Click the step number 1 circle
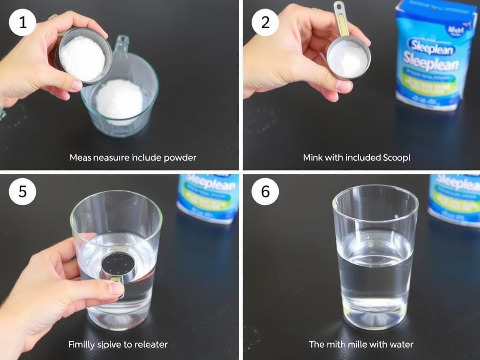(x=22, y=22)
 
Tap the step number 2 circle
(x=265, y=22)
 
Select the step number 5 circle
(x=22, y=192)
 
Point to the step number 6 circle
(x=265, y=192)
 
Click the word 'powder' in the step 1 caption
(x=180, y=157)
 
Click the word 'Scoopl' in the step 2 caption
(x=397, y=157)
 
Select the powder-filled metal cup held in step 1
(x=83, y=57)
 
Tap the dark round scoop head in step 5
(x=118, y=264)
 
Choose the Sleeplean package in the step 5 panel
(x=208, y=198)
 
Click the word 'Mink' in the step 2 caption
(x=313, y=157)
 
